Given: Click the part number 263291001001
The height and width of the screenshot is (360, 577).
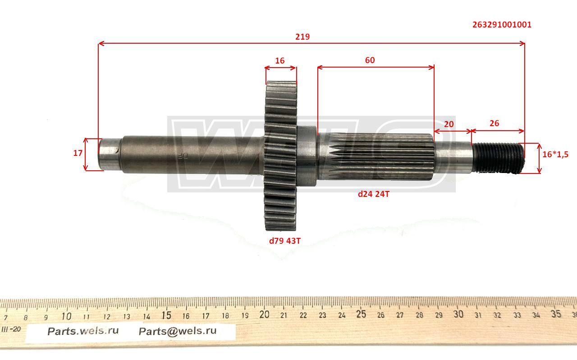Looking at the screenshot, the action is pos(502,25).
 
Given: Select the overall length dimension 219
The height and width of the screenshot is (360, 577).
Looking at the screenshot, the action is pos(302,37).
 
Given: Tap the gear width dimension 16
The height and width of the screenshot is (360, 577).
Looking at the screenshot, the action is pos(280,61).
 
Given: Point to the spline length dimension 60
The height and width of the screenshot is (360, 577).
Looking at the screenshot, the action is pos(370,60).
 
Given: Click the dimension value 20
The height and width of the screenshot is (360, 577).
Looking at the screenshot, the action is pos(449,124).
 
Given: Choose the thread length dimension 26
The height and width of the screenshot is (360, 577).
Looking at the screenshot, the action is pos(494,123).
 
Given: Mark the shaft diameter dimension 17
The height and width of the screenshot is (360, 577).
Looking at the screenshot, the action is pos(78,153).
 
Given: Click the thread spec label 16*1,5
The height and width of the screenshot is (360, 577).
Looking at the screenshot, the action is pos(555,155).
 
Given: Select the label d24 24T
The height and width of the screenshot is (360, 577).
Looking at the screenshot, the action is pos(374,194).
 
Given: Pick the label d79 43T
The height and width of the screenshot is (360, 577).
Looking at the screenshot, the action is pos(284,241).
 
